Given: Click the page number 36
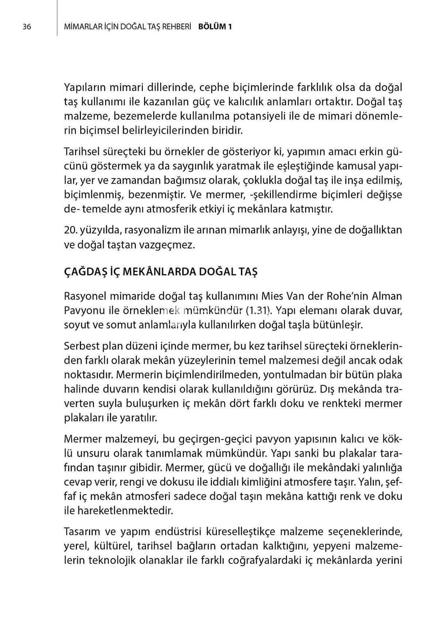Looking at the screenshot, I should pyautogui.click(x=27, y=27).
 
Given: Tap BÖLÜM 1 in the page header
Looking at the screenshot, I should pyautogui.click(x=215, y=27).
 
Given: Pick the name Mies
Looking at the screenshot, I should pyautogui.click(x=272, y=296).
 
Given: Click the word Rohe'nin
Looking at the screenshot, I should pyautogui.click(x=347, y=296).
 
